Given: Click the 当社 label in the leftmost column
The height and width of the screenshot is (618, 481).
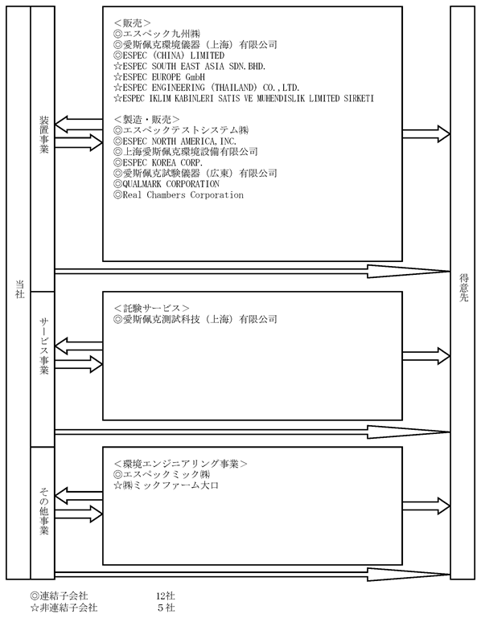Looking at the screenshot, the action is [19, 289].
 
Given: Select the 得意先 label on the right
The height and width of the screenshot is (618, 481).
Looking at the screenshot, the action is [463, 289].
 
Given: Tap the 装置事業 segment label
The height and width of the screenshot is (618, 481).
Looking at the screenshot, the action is [43, 135].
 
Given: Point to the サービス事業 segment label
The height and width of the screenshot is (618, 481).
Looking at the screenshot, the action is [43, 346].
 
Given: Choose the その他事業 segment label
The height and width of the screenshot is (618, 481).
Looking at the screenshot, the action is [43, 511].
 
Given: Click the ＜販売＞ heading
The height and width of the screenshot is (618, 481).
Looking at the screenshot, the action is [132, 23].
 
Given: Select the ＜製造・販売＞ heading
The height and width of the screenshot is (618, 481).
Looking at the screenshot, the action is [146, 120].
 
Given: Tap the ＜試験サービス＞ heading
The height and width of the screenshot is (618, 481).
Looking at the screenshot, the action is [151, 308].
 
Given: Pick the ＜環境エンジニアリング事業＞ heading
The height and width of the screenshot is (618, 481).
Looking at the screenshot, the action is [180, 464].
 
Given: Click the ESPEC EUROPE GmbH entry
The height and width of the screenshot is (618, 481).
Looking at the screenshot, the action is [159, 77].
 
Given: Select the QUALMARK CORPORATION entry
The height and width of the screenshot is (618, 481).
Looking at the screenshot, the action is [166, 184].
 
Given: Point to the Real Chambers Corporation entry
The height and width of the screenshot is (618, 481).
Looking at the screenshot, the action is [179, 194].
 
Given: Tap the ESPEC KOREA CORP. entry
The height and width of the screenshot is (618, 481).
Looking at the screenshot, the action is [158, 162].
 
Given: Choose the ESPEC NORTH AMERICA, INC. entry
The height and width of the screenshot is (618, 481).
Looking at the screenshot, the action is [175, 141].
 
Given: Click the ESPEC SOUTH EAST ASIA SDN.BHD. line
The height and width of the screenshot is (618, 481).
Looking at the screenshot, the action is [189, 66].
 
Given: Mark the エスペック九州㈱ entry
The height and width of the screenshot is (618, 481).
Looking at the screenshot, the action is [157, 34].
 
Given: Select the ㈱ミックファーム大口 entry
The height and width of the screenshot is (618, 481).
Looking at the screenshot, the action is [166, 485].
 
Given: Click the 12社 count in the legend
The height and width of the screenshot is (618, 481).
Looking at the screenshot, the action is [166, 595].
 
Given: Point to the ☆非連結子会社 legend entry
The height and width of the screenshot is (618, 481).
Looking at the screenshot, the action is [64, 608].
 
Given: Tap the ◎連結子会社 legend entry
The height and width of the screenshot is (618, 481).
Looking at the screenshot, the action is [59, 595].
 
